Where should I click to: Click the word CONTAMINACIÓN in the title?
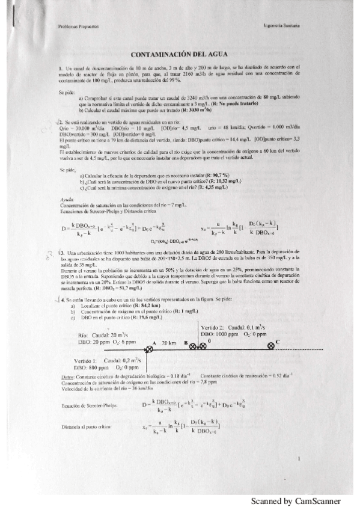[x=159, y=55]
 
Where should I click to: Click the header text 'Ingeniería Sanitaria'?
[x=282, y=26]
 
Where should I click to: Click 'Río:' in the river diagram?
[x=84, y=334]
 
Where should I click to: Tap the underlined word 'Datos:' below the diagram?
[x=69, y=377]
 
